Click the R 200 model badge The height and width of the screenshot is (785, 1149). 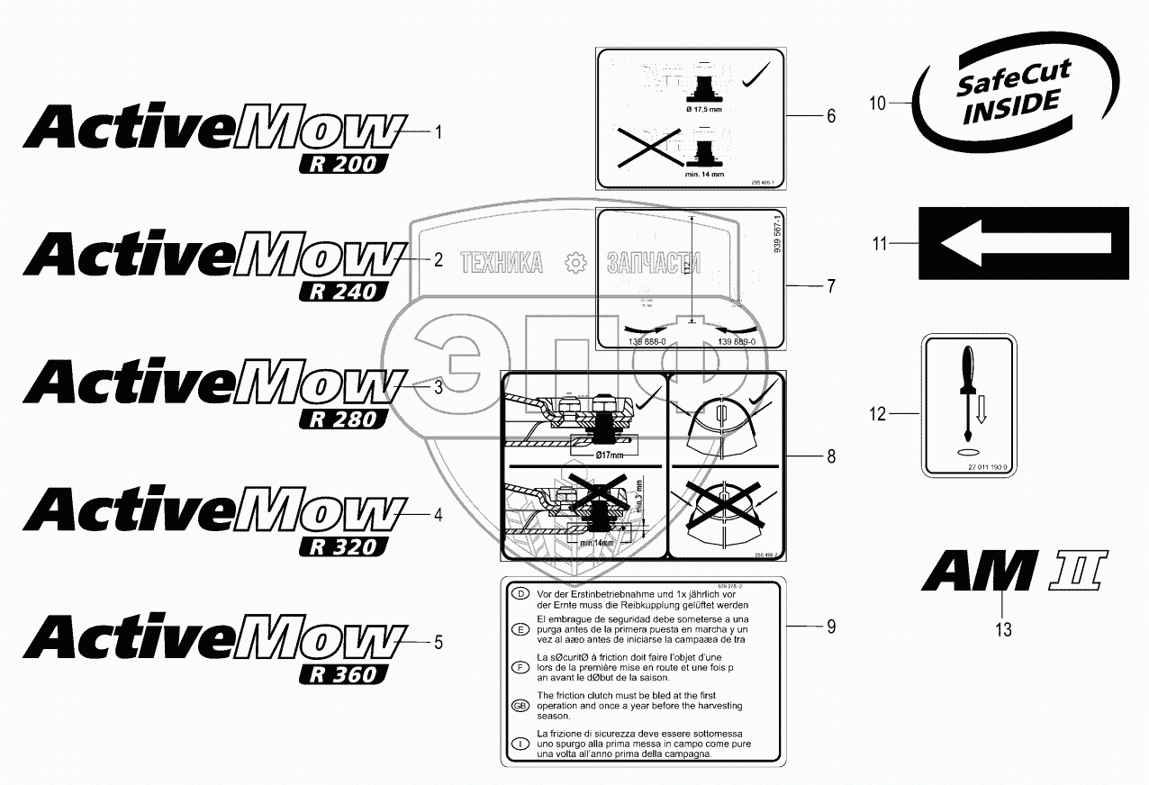(343, 164)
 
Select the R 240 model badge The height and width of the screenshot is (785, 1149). (343, 292)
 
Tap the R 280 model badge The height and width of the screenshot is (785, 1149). (343, 419)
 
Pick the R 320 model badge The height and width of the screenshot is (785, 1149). (343, 546)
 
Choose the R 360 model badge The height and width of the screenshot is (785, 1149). (343, 674)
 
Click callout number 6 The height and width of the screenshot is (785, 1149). (831, 116)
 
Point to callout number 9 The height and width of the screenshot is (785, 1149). (831, 626)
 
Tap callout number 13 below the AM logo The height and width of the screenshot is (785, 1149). (1003, 630)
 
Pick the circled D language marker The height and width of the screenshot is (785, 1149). (519, 594)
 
